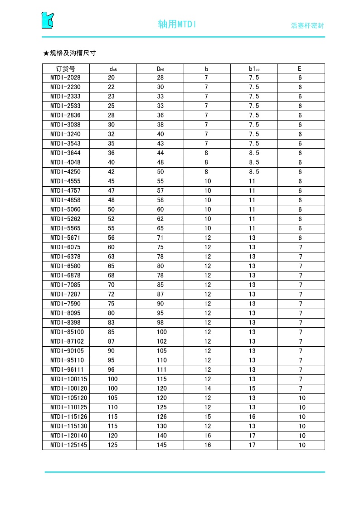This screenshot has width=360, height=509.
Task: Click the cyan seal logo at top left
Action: pos(48,20)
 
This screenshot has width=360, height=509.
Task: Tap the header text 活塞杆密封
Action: pos(307,26)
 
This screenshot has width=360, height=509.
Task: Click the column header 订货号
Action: pos(66,69)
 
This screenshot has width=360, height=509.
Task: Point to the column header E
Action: pos(300,69)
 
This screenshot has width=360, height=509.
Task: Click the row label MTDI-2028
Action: pos(65,78)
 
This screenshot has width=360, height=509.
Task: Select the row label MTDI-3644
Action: pos(65,153)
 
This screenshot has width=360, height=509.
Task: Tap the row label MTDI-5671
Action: pos(65,238)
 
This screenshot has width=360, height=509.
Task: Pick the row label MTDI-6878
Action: pos(65,276)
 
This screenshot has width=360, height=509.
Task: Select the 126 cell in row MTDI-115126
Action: pos(161,417)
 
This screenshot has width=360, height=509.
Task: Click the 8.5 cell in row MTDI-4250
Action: pos(254,172)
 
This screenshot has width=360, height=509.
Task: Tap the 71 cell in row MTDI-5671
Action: pos(161,238)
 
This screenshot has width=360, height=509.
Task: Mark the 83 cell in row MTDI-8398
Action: pos(112,323)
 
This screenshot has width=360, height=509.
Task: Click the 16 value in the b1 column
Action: pos(253,417)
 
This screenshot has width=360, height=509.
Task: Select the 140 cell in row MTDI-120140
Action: pos(161,436)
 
